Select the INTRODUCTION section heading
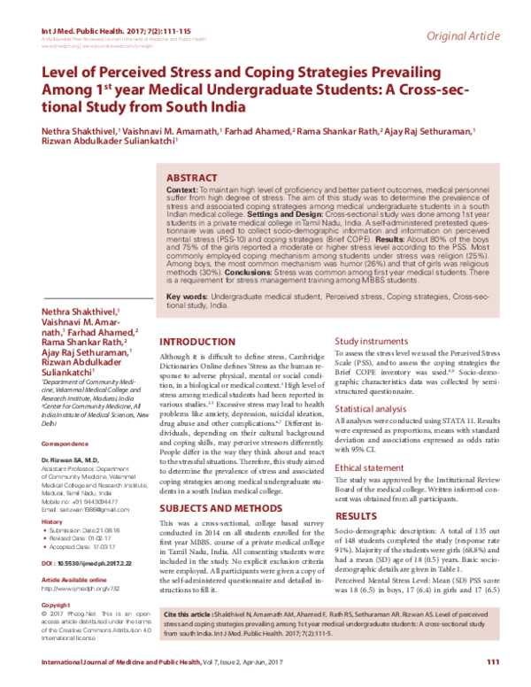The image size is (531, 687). point(197,343)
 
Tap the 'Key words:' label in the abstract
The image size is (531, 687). point(187,294)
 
